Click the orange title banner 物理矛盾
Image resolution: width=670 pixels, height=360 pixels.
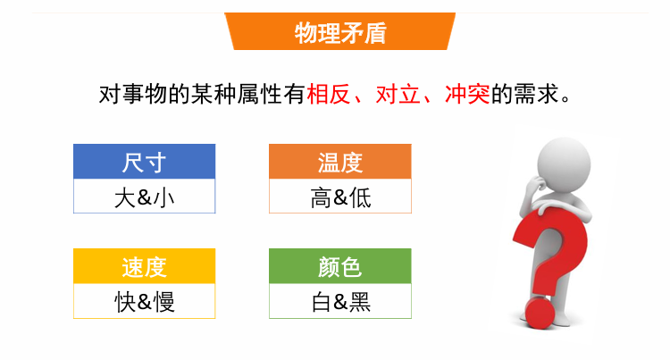point(340,31)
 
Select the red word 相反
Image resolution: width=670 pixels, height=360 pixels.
point(329,94)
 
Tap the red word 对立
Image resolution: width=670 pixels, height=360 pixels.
point(398,94)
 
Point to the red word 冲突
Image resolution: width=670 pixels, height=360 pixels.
point(467,94)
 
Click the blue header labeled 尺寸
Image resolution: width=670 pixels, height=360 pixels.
point(145,162)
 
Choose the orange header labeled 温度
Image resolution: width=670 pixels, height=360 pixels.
point(340,162)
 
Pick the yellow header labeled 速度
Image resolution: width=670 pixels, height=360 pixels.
point(145,266)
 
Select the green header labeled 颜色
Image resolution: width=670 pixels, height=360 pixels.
point(340,266)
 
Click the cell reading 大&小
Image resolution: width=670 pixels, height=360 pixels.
point(145,197)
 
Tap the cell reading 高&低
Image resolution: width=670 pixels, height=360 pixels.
point(340,197)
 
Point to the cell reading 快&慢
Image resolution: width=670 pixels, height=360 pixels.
point(145,301)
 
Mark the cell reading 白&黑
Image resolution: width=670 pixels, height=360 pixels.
point(340,301)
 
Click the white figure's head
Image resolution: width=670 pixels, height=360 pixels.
point(564,164)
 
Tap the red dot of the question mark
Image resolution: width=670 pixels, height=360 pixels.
point(540,313)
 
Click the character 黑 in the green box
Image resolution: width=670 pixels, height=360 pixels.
point(360,302)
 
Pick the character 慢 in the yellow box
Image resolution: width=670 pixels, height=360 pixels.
point(163,302)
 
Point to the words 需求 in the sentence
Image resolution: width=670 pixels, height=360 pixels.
point(536,94)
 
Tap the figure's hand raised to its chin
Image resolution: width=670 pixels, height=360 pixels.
point(535,185)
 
